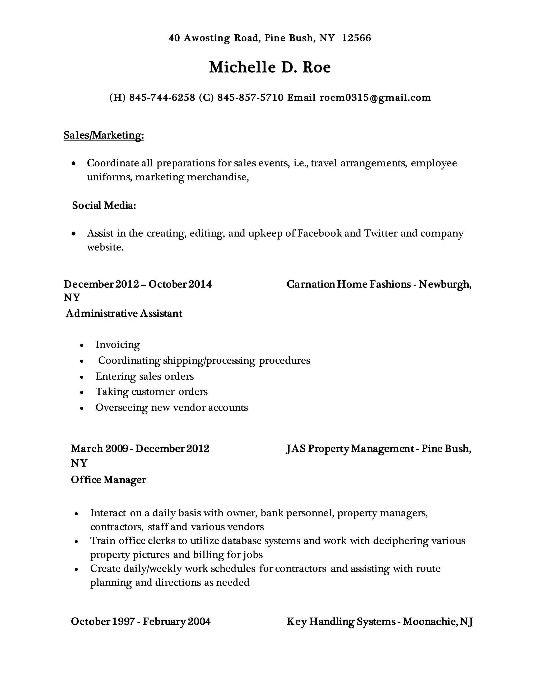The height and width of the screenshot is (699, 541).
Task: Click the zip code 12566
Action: [356, 38]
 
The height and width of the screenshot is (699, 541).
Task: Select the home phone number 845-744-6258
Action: [162, 98]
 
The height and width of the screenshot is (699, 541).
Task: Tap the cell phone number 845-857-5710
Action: [250, 98]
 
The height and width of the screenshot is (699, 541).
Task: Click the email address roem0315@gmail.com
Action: [375, 98]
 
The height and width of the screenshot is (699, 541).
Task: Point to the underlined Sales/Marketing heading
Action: [104, 135]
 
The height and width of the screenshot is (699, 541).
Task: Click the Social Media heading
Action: [104, 205]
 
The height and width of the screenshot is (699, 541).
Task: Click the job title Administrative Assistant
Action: [124, 313]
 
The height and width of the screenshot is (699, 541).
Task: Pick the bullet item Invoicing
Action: [118, 345]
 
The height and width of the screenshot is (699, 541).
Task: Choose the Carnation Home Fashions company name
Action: [348, 284]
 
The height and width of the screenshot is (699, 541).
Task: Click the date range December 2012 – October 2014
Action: [138, 284]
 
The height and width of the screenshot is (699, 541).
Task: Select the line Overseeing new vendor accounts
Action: [171, 408]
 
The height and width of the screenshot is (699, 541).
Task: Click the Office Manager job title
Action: [108, 480]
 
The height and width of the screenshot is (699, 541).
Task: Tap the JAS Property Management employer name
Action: [350, 449]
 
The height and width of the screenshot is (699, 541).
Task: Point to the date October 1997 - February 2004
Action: [141, 621]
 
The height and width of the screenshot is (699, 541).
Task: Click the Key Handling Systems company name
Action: [341, 621]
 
